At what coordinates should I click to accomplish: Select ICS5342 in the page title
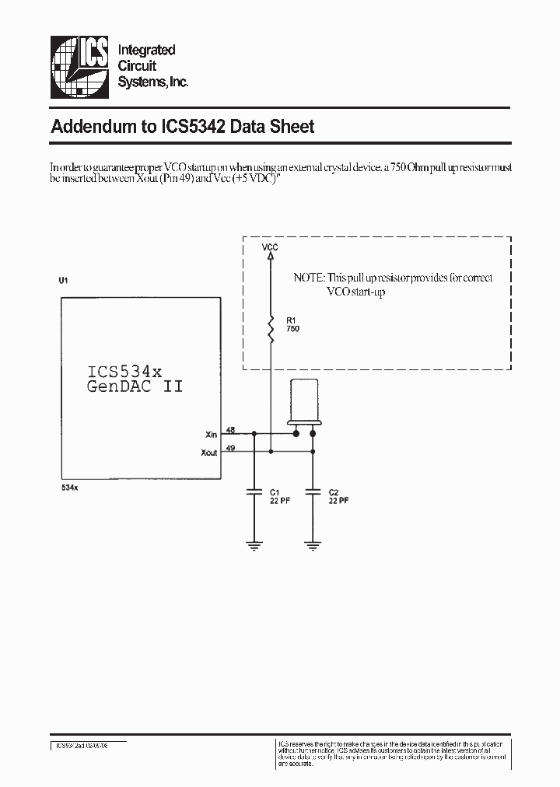point(193,127)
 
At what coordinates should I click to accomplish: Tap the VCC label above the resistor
point(270,247)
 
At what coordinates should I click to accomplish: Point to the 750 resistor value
point(292,329)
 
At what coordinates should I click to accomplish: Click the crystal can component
point(304,402)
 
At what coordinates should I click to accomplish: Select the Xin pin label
point(210,435)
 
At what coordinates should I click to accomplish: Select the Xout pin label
point(208,453)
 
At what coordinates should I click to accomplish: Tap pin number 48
point(230,430)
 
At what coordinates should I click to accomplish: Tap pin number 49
point(230,447)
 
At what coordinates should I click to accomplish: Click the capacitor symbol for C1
point(253,491)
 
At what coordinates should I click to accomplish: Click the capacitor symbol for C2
point(313,491)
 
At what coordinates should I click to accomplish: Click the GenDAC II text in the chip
point(135,387)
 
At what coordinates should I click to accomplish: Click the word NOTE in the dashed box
point(309,278)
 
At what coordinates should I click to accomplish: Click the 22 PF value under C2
point(338,502)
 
